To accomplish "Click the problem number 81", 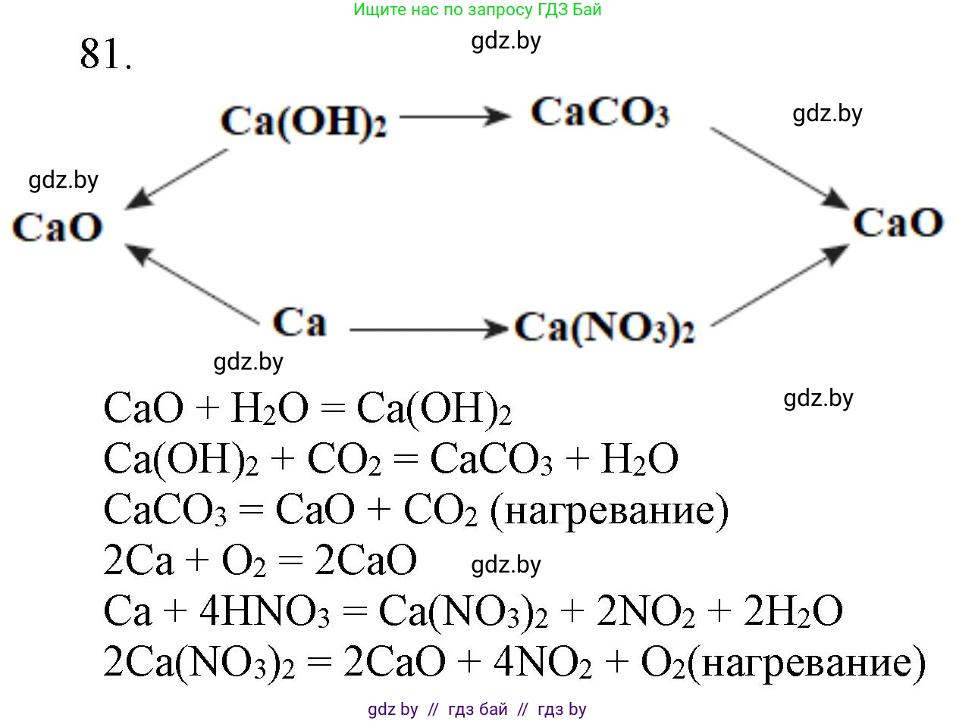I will click(105, 55).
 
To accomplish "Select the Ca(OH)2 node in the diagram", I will click(303, 122).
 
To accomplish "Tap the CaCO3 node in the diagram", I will click(599, 114).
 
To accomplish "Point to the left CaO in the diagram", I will click(57, 227).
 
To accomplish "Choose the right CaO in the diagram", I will click(898, 223).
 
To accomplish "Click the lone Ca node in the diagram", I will click(299, 322).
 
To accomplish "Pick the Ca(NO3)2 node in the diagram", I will click(604, 329).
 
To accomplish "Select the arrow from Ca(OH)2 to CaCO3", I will click(455, 117).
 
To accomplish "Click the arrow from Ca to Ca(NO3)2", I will click(428, 329).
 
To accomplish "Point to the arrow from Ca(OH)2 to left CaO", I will click(176, 179).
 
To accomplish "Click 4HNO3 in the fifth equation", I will click(270, 613).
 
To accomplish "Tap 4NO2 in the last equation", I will click(542, 663).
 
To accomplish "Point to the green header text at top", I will click(478, 11).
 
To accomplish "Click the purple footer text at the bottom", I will click(478, 710).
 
